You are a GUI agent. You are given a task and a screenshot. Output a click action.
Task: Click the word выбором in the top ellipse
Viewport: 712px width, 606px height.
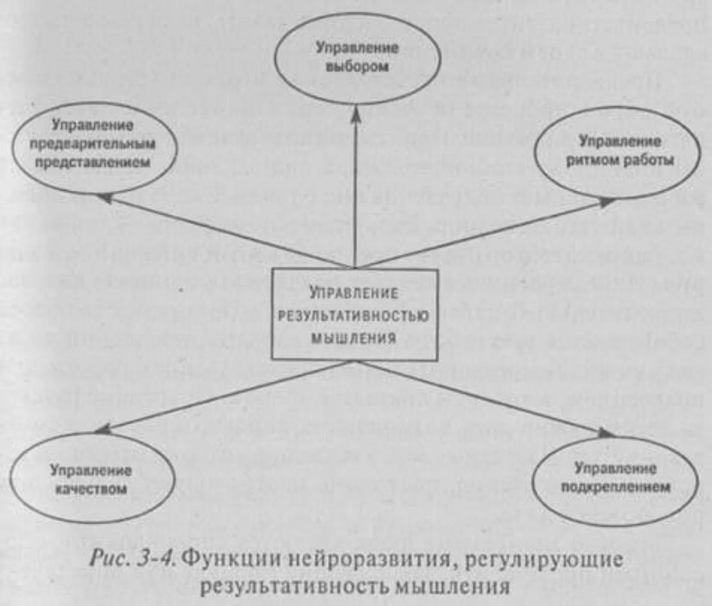pos(357,66)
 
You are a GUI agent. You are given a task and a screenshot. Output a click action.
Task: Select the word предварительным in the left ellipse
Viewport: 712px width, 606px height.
pos(92,144)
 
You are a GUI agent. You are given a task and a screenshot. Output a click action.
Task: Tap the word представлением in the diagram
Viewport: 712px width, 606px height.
pos(93,162)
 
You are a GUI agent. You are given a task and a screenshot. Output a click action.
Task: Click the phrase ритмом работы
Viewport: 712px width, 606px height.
pos(620,160)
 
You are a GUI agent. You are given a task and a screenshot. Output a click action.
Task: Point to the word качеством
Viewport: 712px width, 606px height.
pos(90,489)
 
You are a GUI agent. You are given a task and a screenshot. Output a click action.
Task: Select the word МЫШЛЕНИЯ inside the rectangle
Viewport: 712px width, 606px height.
pos(354,339)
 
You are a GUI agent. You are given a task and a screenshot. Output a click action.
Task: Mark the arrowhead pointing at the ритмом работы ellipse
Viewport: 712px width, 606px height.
pos(608,202)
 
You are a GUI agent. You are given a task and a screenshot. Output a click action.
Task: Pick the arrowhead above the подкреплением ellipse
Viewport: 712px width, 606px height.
pos(606,433)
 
